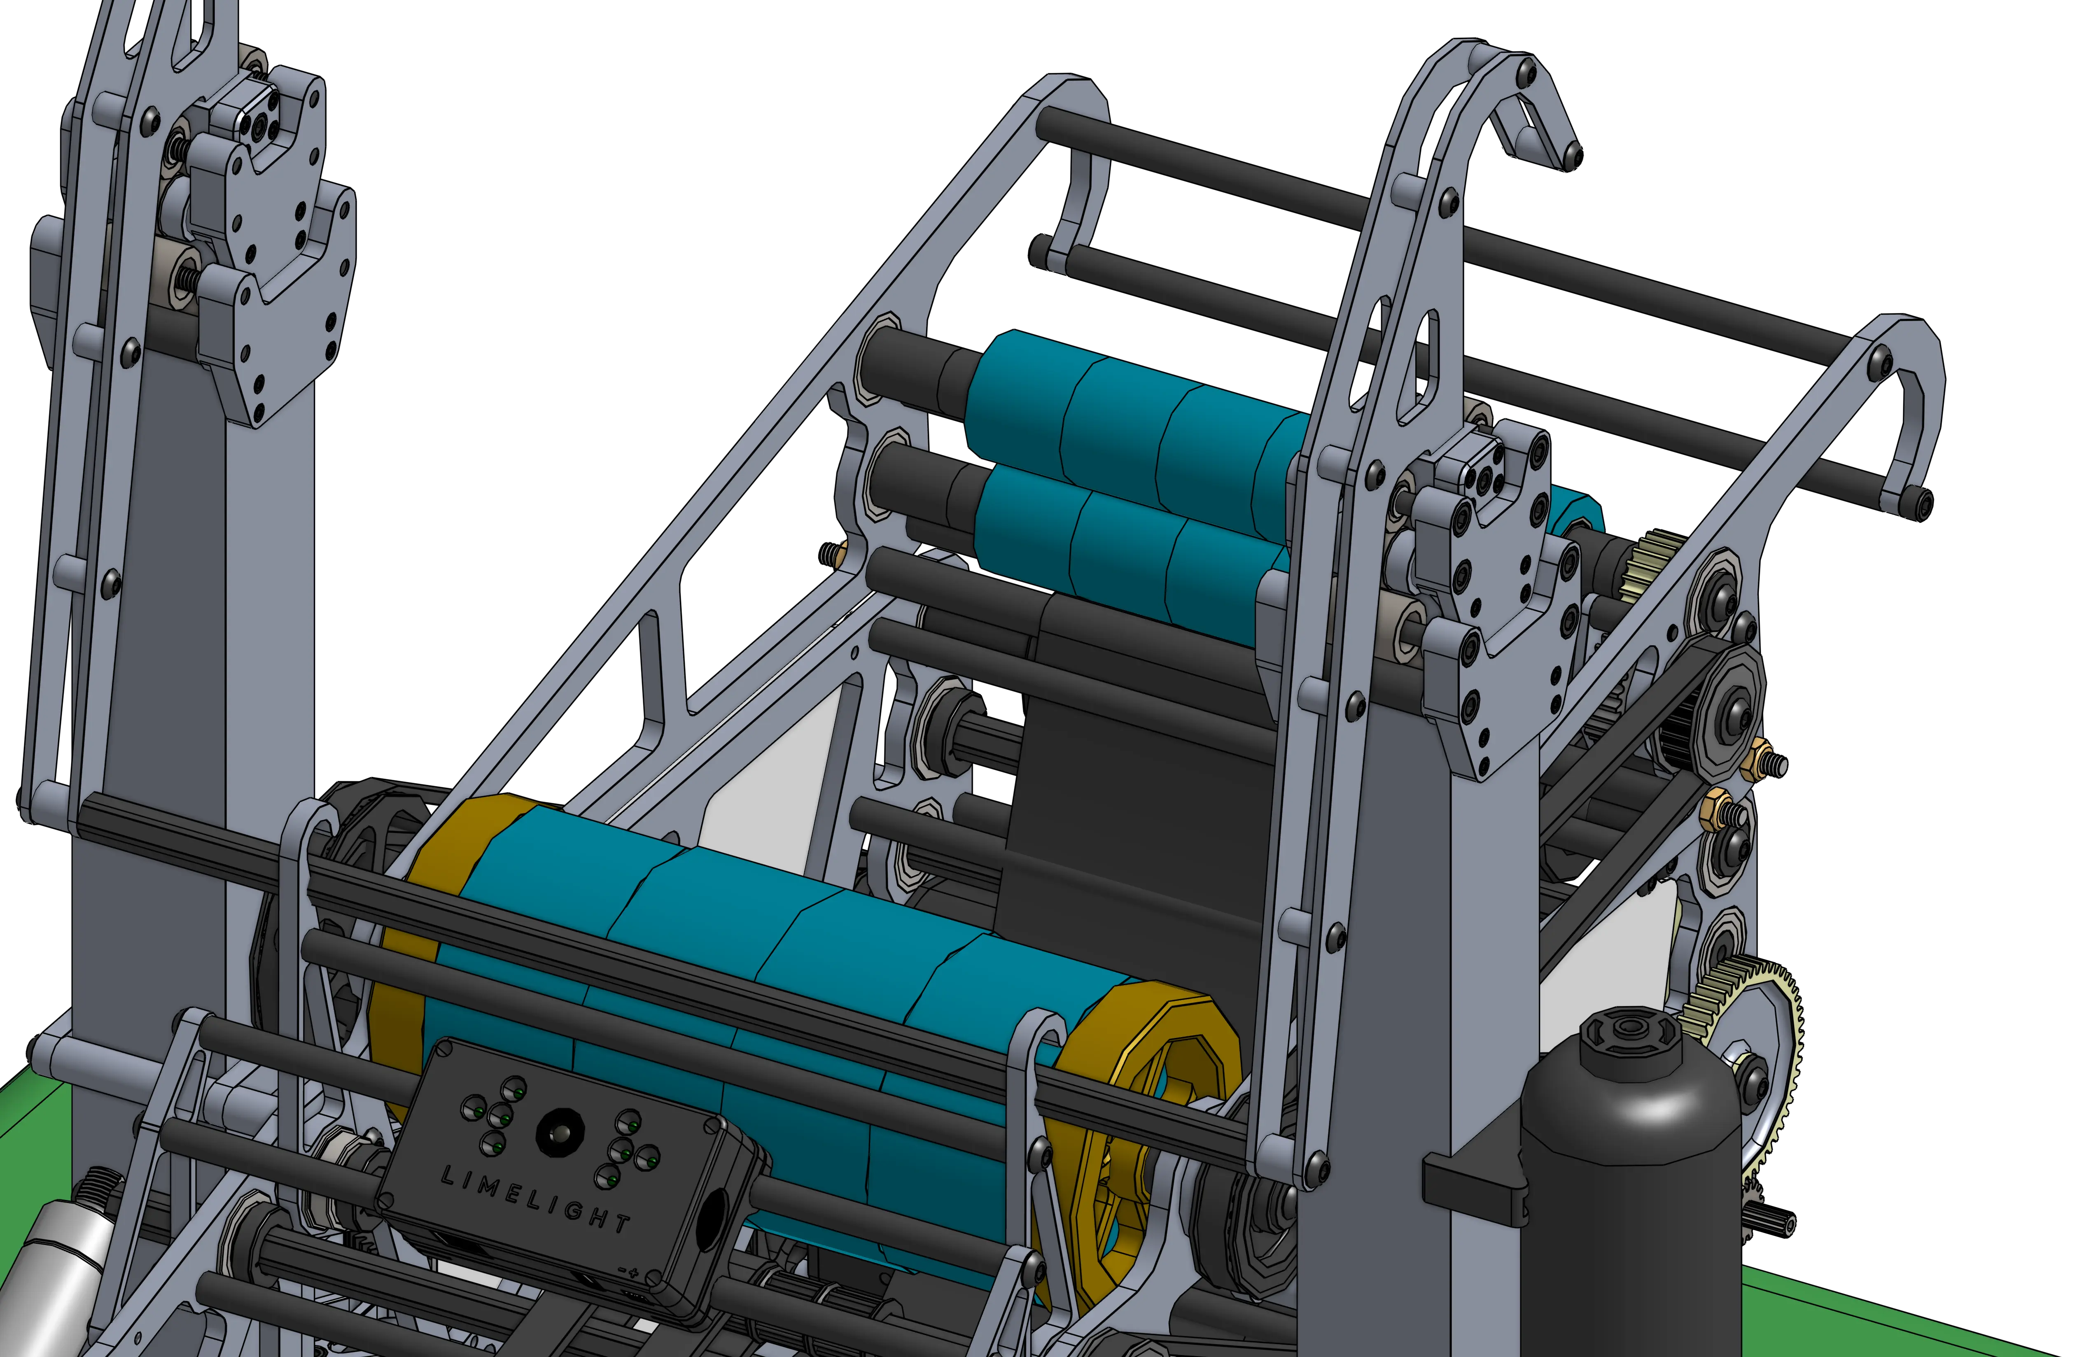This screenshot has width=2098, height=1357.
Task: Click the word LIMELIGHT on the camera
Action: [535, 1198]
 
